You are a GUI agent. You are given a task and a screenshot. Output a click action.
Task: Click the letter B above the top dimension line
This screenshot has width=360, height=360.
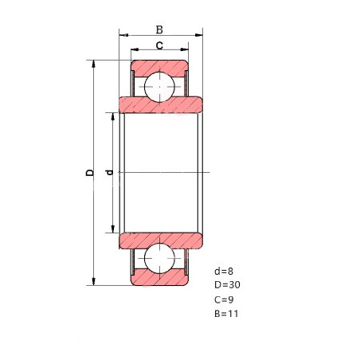159,29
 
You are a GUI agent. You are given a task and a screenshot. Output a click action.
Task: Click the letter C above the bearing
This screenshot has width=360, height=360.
159,45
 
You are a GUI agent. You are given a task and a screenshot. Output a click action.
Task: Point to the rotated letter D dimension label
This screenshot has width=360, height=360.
90,173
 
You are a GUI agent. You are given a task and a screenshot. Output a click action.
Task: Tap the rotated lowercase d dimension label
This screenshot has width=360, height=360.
109,173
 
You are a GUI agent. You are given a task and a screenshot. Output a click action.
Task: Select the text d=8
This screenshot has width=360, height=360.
224,272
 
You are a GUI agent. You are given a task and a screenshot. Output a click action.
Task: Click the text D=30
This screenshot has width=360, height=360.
227,285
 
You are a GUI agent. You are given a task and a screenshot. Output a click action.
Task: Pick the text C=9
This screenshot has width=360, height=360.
224,299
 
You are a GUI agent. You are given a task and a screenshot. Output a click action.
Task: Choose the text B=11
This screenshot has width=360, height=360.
226,314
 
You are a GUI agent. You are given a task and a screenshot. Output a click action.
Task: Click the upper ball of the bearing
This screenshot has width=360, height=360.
159,87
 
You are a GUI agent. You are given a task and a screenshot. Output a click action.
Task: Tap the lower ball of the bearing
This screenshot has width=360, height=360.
159,258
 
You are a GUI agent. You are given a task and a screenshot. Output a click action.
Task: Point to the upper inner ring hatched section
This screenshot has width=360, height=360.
161,106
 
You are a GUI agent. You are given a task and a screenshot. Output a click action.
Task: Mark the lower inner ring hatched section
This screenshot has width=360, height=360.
161,240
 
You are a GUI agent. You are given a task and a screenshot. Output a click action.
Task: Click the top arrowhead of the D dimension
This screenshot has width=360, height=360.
93,64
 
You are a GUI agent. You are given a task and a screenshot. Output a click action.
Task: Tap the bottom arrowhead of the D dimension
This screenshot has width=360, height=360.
93,281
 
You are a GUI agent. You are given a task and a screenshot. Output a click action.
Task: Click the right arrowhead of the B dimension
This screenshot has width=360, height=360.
199,35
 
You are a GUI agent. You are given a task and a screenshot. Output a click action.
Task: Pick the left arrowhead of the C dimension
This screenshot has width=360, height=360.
135,49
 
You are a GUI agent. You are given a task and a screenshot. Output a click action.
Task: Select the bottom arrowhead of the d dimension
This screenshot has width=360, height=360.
113,229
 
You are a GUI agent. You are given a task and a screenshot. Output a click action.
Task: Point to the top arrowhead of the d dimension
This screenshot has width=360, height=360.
113,116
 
